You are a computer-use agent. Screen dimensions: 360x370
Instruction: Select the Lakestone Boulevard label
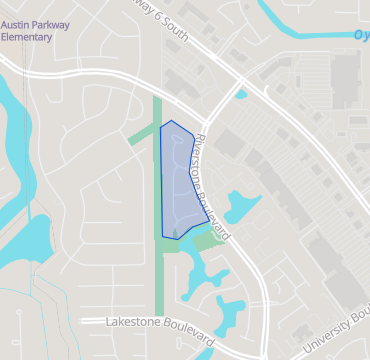(161, 323)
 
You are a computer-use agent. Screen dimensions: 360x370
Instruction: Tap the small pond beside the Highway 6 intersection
(241, 95)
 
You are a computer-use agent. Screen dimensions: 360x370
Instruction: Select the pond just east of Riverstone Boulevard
(241, 206)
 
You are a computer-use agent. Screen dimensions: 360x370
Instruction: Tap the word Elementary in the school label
(28, 36)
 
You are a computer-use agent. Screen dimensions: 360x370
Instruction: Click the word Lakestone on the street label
(139, 323)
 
